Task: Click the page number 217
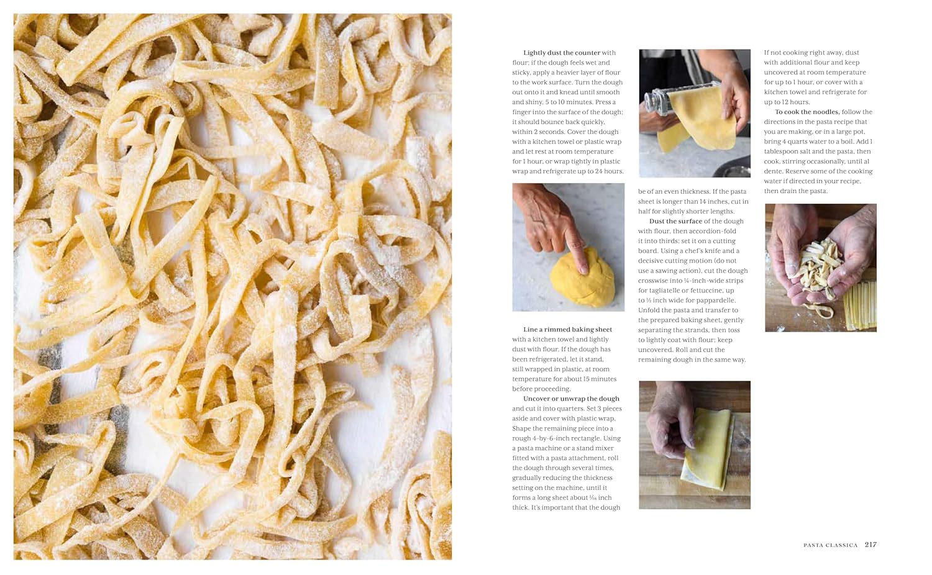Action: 870,545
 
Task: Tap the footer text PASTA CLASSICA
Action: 831,545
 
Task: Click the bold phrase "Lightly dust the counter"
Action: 562,53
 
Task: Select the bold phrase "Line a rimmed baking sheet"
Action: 567,330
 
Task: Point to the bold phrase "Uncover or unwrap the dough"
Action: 571,399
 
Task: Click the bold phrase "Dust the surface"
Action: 675,221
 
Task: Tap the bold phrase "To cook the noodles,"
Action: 807,112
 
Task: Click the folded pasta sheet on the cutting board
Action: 707,449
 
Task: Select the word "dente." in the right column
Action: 774,171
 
